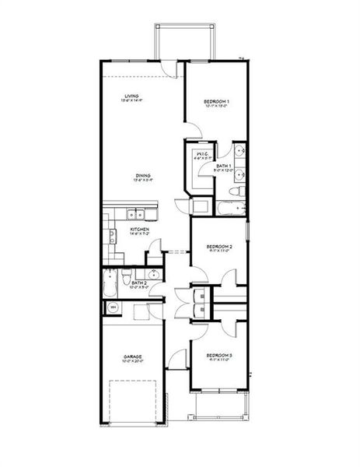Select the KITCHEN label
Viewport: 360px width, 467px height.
(x=139, y=229)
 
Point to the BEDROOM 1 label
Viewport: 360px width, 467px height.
(x=216, y=102)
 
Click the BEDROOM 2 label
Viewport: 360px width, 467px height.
(x=219, y=247)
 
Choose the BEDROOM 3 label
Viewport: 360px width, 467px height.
(x=219, y=354)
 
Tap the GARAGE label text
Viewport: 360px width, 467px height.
(x=131, y=357)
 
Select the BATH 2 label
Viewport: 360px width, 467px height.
(x=139, y=283)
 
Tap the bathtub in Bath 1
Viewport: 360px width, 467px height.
(x=232, y=208)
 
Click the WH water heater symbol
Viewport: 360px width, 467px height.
(x=112, y=307)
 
